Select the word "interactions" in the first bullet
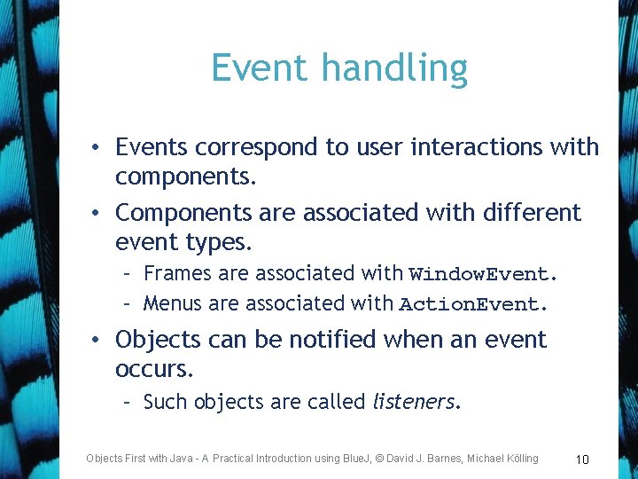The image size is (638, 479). click(457, 147)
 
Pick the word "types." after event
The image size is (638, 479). click(218, 242)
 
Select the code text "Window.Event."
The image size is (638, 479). click(483, 274)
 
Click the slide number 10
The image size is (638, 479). click(582, 459)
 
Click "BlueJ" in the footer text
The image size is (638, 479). click(360, 459)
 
